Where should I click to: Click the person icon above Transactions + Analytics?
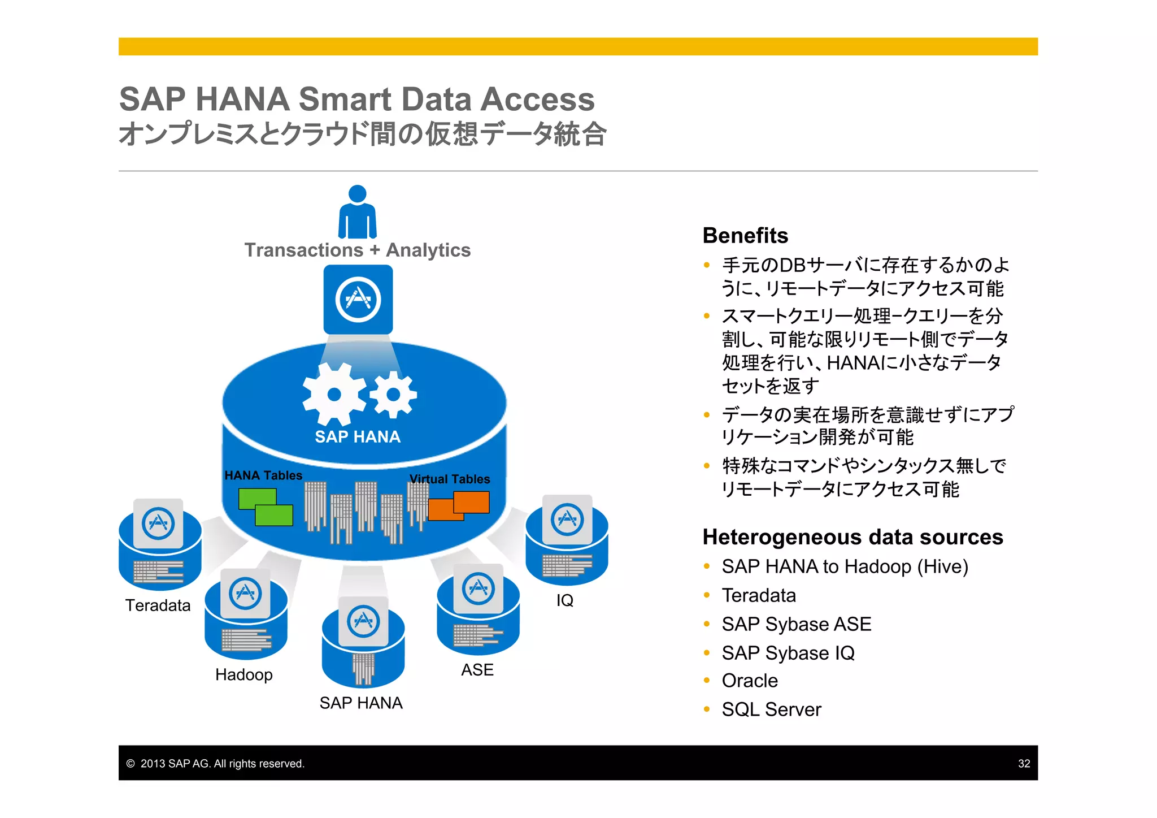357,212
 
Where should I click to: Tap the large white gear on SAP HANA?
334,394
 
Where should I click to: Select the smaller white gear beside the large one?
394,395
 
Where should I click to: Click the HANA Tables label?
263,475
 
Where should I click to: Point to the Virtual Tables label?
450,479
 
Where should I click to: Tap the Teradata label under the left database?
158,605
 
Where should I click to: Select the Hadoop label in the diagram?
244,674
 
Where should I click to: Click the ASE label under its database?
477,670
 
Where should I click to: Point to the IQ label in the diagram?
564,600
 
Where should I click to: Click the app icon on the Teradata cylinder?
158,523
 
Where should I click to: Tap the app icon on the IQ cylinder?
567,519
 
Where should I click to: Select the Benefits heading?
745,235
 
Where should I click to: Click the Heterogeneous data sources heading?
852,536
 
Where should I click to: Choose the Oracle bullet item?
750,681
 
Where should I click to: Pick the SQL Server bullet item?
771,709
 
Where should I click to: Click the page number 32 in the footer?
1024,764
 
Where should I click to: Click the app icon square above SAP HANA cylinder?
358,300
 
